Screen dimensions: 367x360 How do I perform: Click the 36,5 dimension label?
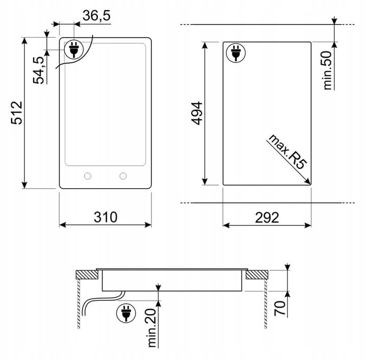point(96,16)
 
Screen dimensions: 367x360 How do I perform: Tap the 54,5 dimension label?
point(39,70)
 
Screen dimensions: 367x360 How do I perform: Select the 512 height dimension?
point(17,113)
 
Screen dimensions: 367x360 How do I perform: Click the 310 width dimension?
point(106,217)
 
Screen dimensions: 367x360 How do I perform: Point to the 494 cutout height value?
point(197,113)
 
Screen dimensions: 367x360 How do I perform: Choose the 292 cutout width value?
point(267,217)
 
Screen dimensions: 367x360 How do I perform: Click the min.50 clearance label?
point(328,70)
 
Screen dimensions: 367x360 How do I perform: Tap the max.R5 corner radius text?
point(287,151)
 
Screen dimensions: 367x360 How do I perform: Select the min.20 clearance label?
point(152,328)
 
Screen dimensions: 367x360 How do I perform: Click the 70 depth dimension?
point(280,308)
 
